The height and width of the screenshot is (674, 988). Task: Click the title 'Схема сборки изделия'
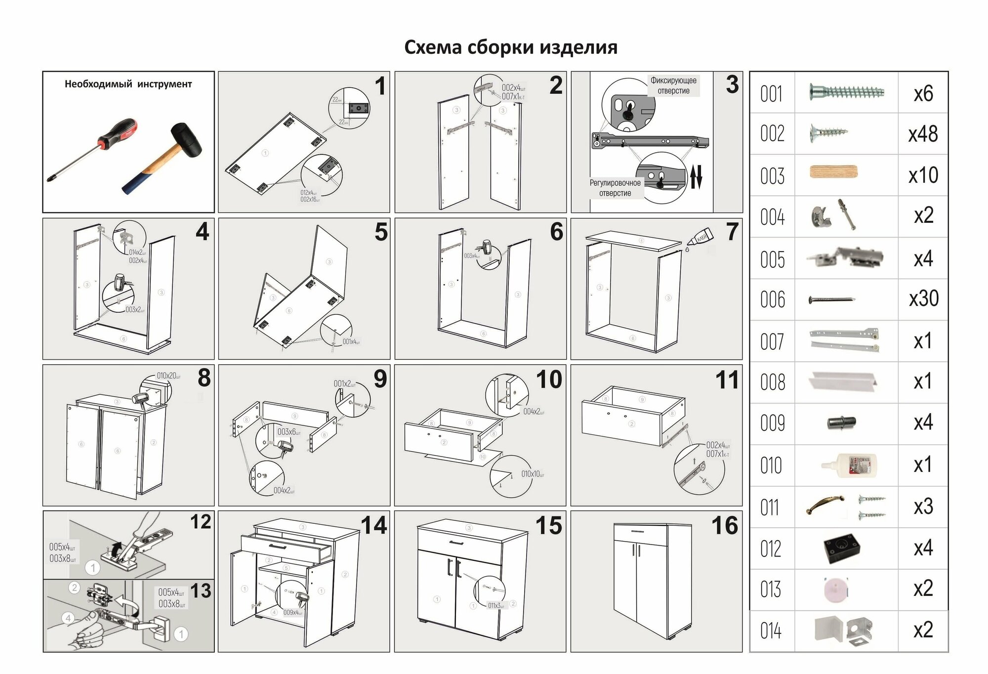511,47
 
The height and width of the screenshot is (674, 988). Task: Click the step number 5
381,232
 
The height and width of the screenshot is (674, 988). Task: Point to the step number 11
727,380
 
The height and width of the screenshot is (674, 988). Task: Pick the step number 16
724,526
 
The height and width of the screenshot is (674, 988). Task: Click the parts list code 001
772,94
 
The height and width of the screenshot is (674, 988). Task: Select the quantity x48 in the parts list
923,134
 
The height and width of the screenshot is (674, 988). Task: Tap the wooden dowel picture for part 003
834,172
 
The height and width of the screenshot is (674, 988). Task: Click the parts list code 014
771,631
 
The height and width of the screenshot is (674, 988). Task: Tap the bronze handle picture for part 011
825,505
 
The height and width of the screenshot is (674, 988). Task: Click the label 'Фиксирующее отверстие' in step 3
673,85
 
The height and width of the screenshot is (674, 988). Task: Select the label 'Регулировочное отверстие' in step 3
615,188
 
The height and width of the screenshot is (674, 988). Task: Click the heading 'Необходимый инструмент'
128,84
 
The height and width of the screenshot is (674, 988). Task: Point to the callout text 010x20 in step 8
168,376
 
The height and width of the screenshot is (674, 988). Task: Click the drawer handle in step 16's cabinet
638,532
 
